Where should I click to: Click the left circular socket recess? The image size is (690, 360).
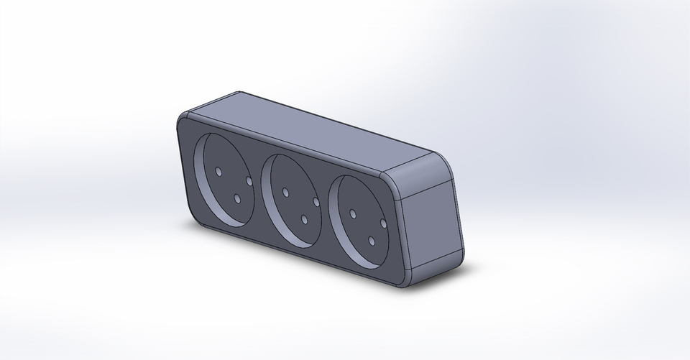pyautogui.click(x=224, y=183)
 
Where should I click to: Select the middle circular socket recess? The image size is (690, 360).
pyautogui.click(x=292, y=203)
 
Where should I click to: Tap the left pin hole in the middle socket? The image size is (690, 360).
pyautogui.click(x=286, y=192)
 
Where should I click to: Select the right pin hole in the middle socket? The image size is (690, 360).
pyautogui.click(x=317, y=201)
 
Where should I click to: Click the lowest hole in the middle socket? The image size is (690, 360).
pyautogui.click(x=304, y=218)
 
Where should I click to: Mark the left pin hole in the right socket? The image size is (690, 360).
pyautogui.click(x=353, y=213)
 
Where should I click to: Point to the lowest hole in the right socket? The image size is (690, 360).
pyautogui.click(x=372, y=239)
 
